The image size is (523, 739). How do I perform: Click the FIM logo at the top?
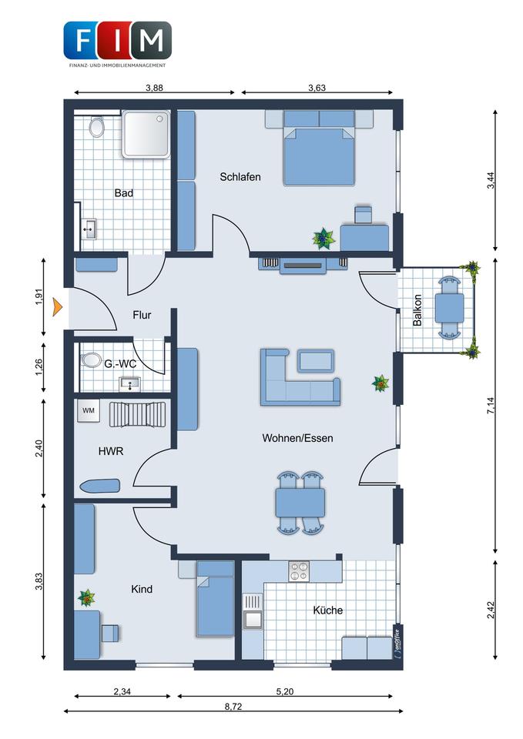tap(117, 44)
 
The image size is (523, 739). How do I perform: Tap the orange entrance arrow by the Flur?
tap(58, 306)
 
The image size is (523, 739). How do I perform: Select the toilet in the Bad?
tap(97, 126)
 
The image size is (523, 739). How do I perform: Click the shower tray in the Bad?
tap(146, 134)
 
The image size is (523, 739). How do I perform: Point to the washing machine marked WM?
tap(89, 411)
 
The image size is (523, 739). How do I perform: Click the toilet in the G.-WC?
tap(90, 360)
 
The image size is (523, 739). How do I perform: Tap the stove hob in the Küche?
tap(299, 571)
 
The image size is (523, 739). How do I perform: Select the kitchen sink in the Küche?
tap(253, 611)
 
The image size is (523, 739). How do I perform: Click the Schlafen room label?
tap(240, 177)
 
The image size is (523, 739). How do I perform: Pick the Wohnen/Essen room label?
tap(297, 438)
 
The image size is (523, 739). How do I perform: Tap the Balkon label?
tap(417, 310)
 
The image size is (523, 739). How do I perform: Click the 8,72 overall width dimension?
tap(233, 707)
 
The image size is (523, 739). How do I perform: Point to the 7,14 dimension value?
tap(491, 406)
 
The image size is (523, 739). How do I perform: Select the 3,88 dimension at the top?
tap(154, 88)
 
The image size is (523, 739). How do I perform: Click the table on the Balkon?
tap(449, 308)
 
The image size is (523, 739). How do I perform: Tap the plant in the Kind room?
tap(86, 597)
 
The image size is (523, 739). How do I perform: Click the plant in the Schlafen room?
tap(324, 239)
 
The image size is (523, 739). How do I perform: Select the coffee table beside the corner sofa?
tap(316, 361)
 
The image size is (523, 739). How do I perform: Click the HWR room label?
tap(111, 451)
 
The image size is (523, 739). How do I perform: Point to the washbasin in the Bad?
tap(89, 229)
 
